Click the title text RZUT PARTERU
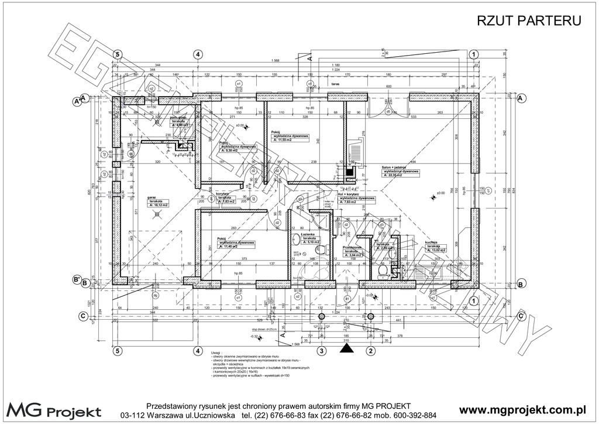[x=529, y=21]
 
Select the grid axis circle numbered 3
[x=321, y=351]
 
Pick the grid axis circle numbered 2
[x=370, y=351]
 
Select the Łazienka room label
[x=308, y=234]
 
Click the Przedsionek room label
[x=353, y=247]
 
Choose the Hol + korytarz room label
[x=350, y=194]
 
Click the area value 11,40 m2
[x=232, y=247]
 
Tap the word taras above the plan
[x=335, y=84]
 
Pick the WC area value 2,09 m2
[x=388, y=248]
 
